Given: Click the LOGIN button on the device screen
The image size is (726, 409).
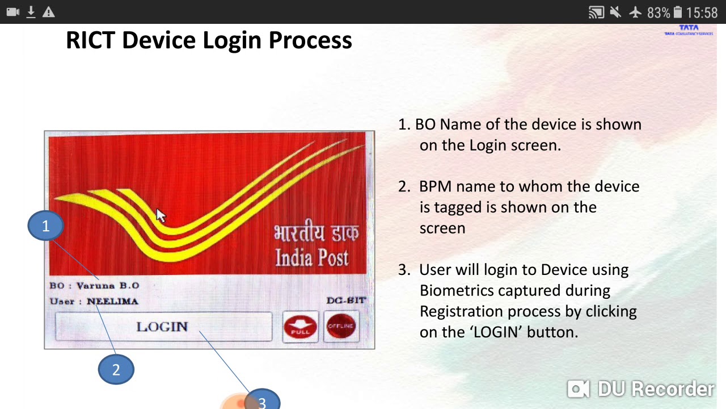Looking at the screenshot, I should tap(163, 327).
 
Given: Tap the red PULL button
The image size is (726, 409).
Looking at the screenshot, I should tap(300, 327).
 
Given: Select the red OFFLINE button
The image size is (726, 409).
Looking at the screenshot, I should tap(341, 327).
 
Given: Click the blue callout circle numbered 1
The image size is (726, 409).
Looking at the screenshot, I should tap(46, 226).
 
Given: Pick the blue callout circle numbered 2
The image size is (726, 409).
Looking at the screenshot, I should tap(116, 370).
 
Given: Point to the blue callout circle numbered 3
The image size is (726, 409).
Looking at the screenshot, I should tap(262, 400).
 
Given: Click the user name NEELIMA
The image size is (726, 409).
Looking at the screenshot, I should tap(112, 302).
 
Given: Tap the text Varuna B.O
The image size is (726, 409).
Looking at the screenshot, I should tap(108, 286).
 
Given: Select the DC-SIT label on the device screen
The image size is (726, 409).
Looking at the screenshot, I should tap(346, 301).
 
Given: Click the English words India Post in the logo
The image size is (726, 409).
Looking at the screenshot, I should tap(311, 258).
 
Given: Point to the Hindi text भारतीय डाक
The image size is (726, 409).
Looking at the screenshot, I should tap(316, 233).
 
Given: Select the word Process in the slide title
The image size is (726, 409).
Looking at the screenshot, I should tap(310, 40).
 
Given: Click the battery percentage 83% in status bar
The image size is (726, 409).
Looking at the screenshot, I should tap(658, 12).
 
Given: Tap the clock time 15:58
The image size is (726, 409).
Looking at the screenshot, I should tap(702, 12).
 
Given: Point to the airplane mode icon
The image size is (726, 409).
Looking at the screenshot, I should tap(635, 12).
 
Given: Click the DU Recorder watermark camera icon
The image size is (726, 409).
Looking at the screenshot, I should tap(579, 389).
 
